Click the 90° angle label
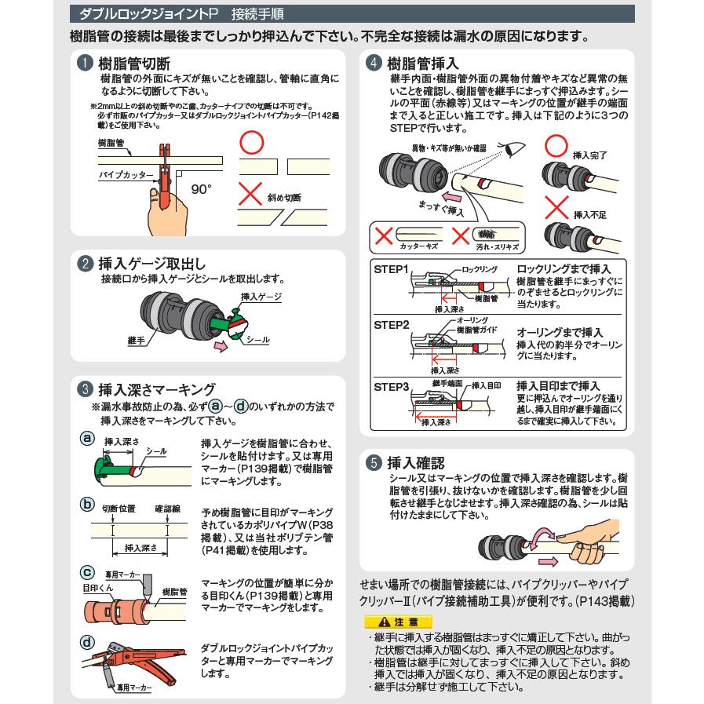coord(201,188)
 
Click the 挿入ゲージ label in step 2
coord(261,297)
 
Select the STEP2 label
coord(392,324)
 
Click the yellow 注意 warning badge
coord(385,621)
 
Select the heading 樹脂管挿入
coord(424,63)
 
